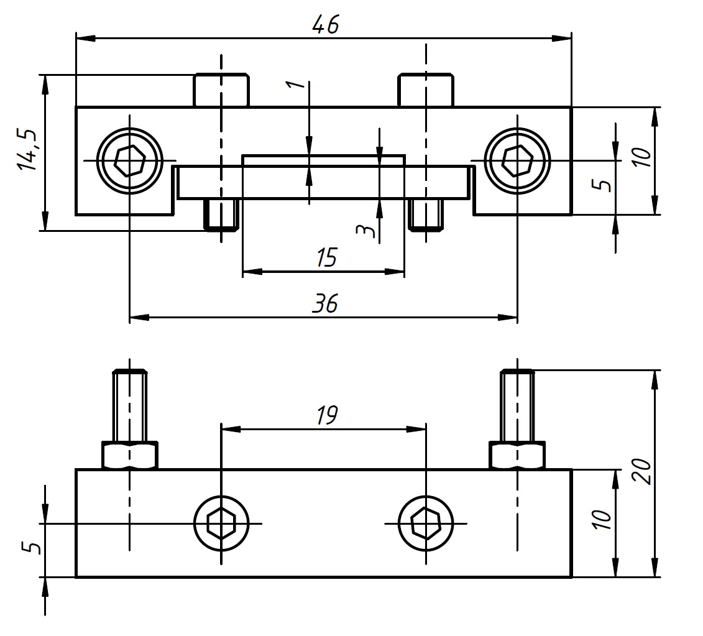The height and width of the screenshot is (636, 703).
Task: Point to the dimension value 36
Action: [x=324, y=304]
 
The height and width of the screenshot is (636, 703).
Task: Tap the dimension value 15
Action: [x=324, y=257]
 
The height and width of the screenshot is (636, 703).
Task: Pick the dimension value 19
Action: [x=325, y=415]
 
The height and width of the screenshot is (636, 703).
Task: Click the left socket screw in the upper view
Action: [x=129, y=160]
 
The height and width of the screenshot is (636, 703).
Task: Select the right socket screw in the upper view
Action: [x=517, y=160]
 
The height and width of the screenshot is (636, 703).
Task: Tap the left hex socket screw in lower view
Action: [x=221, y=523]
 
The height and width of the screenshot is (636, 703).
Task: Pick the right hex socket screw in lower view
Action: [x=425, y=523]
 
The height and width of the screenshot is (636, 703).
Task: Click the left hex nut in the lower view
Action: [x=129, y=456]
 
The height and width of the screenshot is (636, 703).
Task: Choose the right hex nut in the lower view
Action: [x=517, y=456]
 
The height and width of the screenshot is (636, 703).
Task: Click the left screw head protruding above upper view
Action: [x=221, y=91]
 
